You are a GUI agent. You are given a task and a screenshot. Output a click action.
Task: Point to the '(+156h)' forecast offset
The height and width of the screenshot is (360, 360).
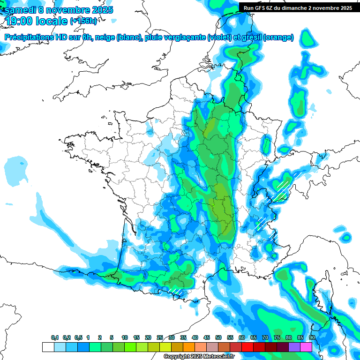(84, 21)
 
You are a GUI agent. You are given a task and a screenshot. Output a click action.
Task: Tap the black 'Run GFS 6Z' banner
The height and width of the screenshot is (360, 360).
(298, 7)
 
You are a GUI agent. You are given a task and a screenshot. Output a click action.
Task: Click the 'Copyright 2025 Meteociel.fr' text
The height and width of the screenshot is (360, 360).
(198, 357)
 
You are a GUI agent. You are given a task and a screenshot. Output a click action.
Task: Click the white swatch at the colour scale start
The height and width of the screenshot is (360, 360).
(48, 347)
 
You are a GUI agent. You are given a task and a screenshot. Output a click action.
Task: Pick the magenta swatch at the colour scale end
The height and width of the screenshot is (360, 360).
(306, 347)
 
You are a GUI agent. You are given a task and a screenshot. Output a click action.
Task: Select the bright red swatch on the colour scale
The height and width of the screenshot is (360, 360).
(247, 347)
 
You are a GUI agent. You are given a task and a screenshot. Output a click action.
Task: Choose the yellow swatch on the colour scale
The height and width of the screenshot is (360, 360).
(165, 347)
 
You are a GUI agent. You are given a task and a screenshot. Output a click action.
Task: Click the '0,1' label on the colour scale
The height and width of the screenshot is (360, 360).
(55, 337)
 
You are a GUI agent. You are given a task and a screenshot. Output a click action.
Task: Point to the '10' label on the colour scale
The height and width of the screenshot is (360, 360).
(125, 337)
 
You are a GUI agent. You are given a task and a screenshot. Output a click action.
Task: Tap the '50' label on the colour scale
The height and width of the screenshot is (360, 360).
(218, 337)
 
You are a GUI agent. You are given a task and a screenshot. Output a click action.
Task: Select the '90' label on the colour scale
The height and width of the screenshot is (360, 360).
(312, 337)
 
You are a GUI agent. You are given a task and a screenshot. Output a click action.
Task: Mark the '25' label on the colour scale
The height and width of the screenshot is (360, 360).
(160, 337)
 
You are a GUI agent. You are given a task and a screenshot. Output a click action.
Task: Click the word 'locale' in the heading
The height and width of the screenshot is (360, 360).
(50, 21)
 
